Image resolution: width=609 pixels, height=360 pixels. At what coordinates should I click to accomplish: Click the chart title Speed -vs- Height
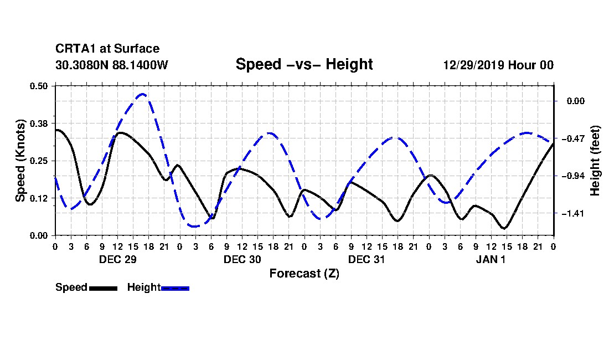pos(304,64)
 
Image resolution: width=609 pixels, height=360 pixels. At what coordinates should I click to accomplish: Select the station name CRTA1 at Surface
pos(107,49)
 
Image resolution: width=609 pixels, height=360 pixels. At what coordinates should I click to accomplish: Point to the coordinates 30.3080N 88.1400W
pos(111,65)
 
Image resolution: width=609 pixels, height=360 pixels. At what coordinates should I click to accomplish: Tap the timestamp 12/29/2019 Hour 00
pos(498,65)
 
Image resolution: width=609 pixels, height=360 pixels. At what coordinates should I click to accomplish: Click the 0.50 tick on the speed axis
pos(38,86)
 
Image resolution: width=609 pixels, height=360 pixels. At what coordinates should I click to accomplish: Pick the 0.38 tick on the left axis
pos(38,124)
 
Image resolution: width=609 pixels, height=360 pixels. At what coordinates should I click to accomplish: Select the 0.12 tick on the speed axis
pos(38,198)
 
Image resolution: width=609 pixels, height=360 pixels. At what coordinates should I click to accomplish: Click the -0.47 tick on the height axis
pos(573,138)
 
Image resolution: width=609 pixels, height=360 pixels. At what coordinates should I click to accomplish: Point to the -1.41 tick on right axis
pos(573,214)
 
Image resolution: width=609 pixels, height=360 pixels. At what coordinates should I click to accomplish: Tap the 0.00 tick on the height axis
pos(576,101)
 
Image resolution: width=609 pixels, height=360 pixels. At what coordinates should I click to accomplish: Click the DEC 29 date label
pos(118,259)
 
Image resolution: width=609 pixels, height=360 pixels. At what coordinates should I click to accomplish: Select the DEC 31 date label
pos(367,259)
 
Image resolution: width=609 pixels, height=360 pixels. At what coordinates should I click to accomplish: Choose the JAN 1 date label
pos(491,259)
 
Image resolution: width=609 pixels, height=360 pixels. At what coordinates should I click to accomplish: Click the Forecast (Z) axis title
pos(304,274)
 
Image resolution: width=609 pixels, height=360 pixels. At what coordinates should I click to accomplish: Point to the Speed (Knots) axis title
pos(20,161)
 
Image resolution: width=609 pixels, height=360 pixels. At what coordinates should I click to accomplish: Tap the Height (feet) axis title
pos(595,161)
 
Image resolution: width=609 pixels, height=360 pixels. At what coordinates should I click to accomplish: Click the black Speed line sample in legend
pos(103,288)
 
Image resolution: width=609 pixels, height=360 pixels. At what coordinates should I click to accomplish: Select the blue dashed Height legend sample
pos(175,288)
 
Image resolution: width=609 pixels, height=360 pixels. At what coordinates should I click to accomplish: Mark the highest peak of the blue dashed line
pos(142,94)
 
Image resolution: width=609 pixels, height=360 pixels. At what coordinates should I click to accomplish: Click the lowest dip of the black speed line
pos(504,228)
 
